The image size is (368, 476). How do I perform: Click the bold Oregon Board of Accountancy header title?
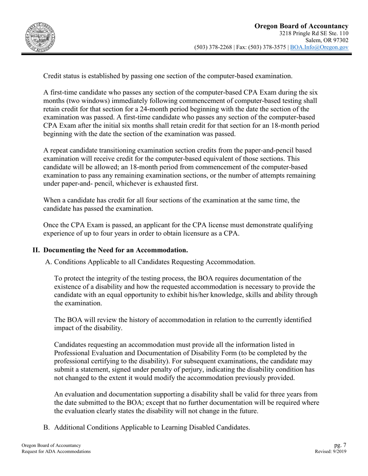coord(301,26)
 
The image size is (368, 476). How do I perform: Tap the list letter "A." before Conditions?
coord(48,262)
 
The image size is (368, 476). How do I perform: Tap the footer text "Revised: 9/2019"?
coord(331,451)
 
